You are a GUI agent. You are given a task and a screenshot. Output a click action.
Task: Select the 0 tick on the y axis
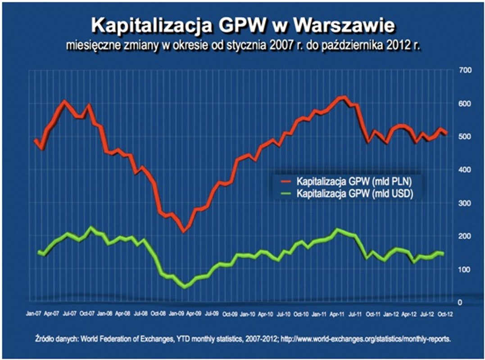pyautogui.click(x=460, y=302)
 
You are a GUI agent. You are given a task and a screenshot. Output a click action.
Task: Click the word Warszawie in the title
pyautogui.click(x=344, y=26)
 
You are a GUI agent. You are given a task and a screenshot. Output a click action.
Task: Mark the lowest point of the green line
pyautogui.click(x=184, y=287)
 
